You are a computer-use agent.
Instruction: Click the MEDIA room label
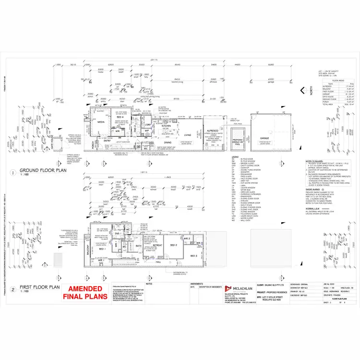pos(101,122)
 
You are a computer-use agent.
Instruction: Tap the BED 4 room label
pos(120,117)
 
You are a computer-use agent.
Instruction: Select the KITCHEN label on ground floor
pos(167,125)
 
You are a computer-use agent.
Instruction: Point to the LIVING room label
pos(188,135)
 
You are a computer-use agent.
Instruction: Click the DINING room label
pos(168,142)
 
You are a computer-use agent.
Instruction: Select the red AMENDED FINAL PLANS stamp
pos(84,292)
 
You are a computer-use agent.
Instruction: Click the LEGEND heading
pos(235,157)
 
